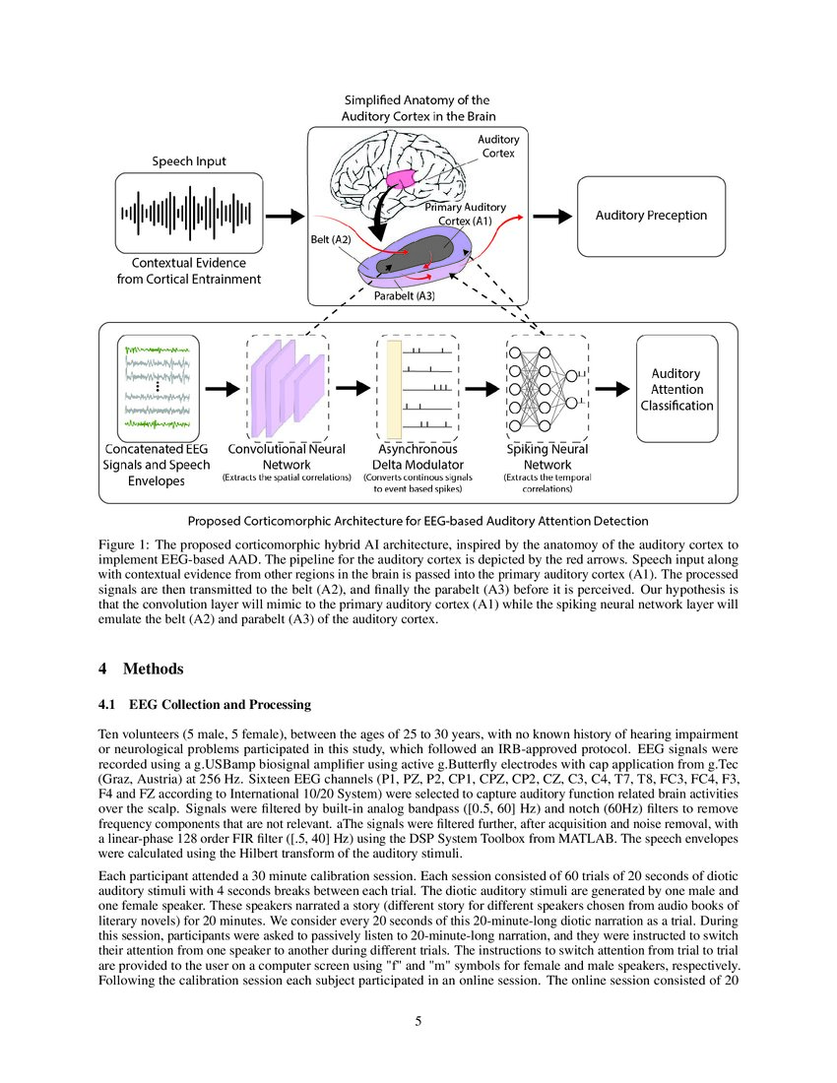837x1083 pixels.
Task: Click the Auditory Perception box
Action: (x=651, y=216)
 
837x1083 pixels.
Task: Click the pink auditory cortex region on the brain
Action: (x=402, y=181)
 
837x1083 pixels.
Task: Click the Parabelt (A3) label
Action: (x=404, y=295)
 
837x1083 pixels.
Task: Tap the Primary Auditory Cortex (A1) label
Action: (x=465, y=215)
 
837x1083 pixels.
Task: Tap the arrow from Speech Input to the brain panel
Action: (x=286, y=215)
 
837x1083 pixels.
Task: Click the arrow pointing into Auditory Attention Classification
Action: (x=612, y=388)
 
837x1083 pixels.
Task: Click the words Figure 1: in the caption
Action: (x=124, y=544)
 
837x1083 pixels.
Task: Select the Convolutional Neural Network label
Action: (x=287, y=456)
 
